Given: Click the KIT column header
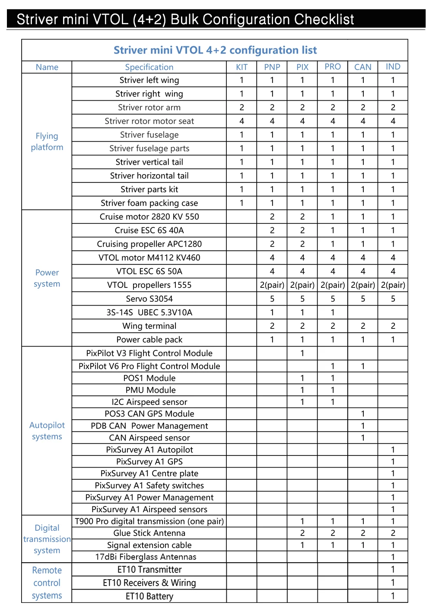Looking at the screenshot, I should click(x=241, y=67).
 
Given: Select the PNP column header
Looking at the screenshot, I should click(x=272, y=67).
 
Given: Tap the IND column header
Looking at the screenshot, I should click(x=393, y=67).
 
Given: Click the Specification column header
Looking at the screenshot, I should click(x=149, y=67).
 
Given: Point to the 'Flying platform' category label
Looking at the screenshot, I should click(x=47, y=141).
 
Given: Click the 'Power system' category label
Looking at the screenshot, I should click(x=47, y=278).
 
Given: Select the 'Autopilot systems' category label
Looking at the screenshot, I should click(x=47, y=430).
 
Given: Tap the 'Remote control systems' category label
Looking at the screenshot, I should click(x=47, y=583).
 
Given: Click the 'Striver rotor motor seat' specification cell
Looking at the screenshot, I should click(x=149, y=121).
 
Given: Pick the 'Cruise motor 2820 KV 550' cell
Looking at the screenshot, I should click(x=149, y=217).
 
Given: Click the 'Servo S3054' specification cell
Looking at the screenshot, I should click(x=149, y=299).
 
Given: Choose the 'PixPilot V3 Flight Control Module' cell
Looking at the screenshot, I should click(x=149, y=353).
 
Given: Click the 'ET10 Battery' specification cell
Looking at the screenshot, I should click(x=149, y=596).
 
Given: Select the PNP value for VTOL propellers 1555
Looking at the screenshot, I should click(x=272, y=285).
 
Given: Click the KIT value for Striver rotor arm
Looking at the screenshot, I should click(x=241, y=107).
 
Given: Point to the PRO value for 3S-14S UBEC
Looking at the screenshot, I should click(x=333, y=312).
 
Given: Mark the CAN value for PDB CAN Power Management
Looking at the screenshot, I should click(x=363, y=426).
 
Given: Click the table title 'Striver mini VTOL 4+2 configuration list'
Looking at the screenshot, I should click(x=215, y=50).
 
